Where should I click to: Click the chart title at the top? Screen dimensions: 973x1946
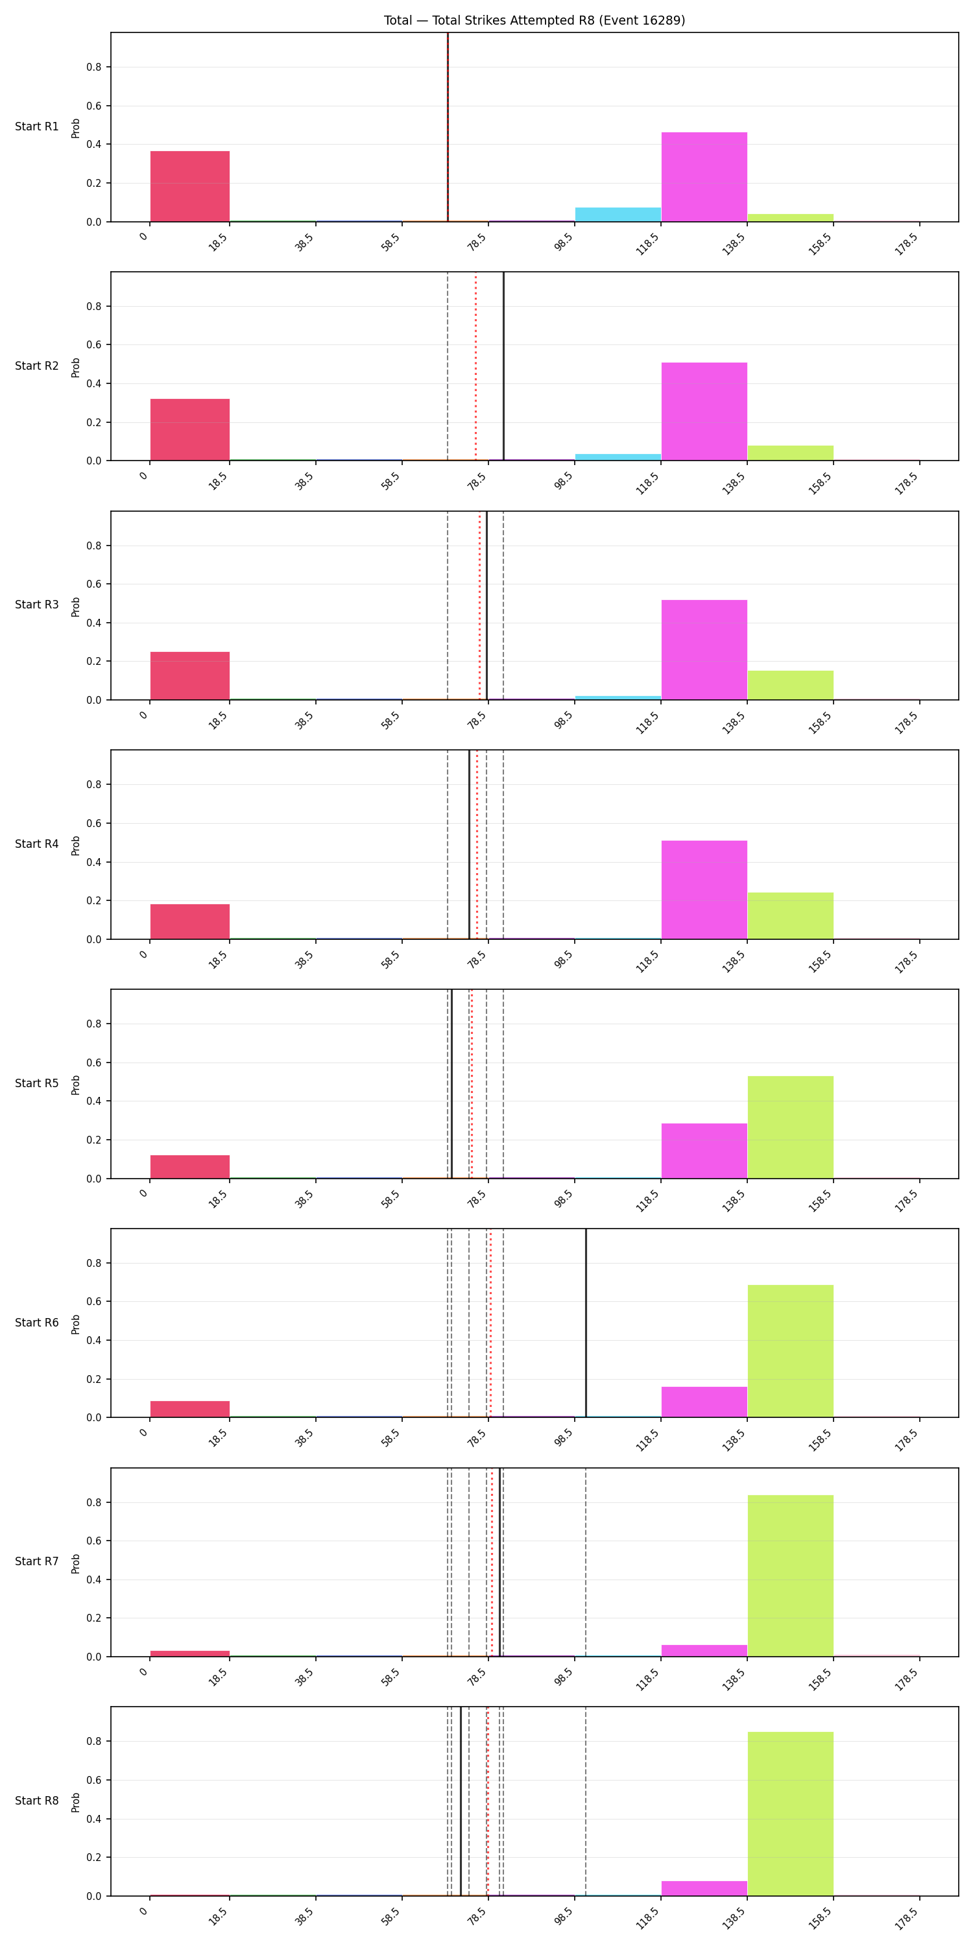tap(534, 20)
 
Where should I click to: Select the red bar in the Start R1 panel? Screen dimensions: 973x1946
tap(189, 187)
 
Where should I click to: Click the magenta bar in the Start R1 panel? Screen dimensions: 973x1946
tap(704, 177)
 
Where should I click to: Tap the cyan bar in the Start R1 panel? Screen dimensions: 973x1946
tap(618, 215)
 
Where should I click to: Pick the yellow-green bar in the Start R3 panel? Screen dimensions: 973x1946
tap(790, 685)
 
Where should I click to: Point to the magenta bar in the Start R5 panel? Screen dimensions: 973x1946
tap(704, 1151)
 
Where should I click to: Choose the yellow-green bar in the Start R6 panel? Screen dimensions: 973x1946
tap(790, 1351)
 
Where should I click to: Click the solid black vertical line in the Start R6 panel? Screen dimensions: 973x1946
tap(586, 1323)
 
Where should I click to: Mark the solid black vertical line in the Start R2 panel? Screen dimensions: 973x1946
tap(504, 366)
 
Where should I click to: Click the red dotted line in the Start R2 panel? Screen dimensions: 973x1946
tap(476, 366)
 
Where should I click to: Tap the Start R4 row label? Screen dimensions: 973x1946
tap(37, 844)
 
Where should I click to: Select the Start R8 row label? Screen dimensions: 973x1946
tap(37, 1800)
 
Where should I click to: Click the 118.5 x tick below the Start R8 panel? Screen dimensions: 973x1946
tap(647, 1917)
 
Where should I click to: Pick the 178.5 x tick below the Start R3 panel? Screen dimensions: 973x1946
tap(906, 721)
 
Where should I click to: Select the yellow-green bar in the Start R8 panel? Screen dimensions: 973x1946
tap(790, 1814)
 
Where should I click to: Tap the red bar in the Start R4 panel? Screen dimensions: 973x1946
tap(189, 922)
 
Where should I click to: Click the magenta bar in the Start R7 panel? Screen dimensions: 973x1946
tap(704, 1651)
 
